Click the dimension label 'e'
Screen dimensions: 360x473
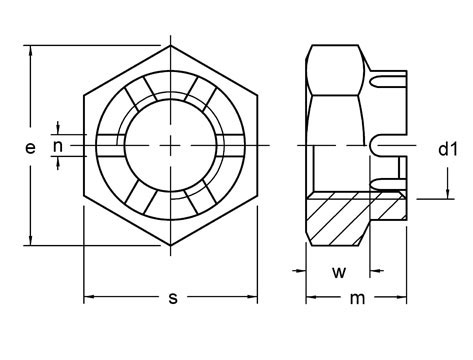31,147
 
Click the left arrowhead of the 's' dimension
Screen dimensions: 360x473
88,296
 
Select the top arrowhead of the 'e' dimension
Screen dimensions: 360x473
32,50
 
